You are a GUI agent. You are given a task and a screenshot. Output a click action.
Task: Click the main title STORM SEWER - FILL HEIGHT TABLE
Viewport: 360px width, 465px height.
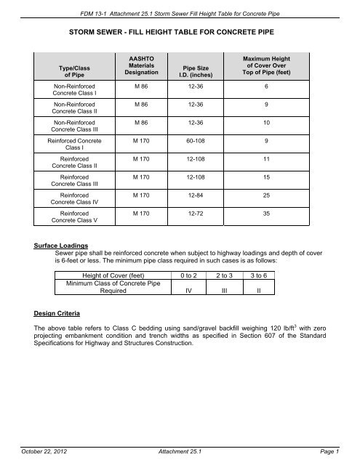[x=180, y=33]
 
